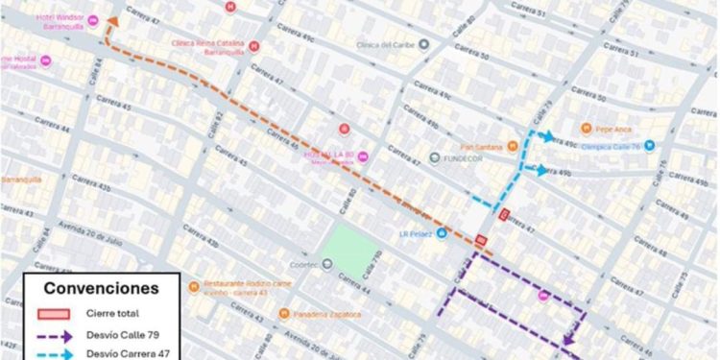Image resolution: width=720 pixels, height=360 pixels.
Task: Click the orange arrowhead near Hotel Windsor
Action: [x=110, y=21]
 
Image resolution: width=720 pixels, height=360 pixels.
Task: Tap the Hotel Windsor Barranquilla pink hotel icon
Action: [x=93, y=20]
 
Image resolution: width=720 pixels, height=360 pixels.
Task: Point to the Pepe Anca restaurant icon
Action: [x=585, y=127]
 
